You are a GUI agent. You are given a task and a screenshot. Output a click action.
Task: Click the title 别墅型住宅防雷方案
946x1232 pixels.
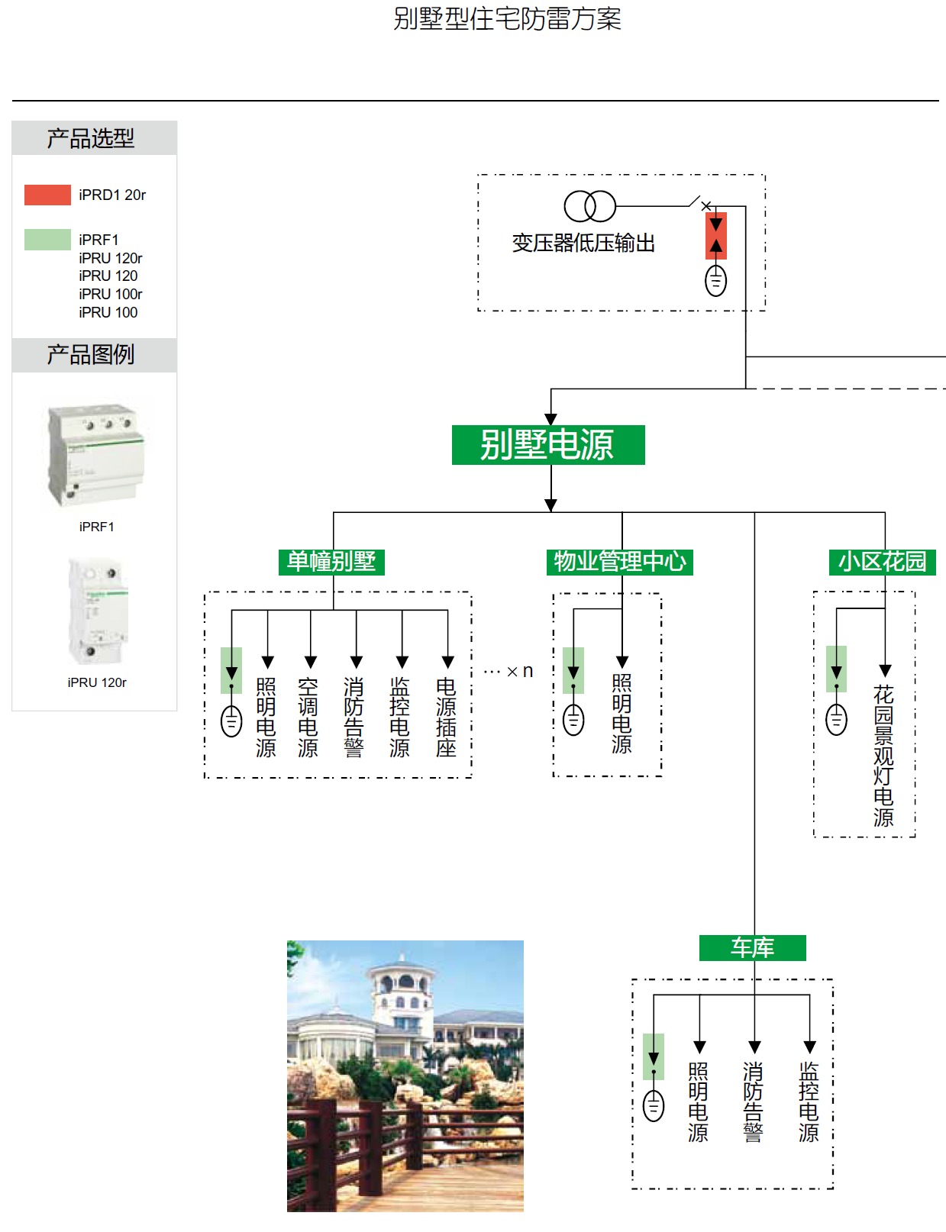click(507, 19)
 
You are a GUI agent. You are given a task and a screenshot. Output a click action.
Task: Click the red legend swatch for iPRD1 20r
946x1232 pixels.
click(47, 195)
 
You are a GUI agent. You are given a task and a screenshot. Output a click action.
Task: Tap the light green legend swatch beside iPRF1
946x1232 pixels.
click(47, 240)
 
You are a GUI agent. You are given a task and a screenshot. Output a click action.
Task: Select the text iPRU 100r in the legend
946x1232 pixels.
click(110, 294)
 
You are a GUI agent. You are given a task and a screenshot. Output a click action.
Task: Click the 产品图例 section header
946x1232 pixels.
click(91, 355)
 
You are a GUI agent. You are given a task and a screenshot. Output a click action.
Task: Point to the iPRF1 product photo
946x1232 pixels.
click(96, 455)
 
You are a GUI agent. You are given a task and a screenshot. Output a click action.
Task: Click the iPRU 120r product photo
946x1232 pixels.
click(97, 611)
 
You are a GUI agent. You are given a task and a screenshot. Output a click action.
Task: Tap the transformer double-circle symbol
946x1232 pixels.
click(589, 205)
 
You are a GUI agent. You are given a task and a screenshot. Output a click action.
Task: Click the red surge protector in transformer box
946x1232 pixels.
click(715, 236)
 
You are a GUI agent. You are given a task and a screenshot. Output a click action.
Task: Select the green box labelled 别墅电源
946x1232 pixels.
click(548, 445)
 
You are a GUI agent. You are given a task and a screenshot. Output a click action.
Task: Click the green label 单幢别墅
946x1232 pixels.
click(331, 562)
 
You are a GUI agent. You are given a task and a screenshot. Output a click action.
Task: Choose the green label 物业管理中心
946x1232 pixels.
click(619, 562)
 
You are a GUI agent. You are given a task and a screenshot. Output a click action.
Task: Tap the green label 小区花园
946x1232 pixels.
click(882, 562)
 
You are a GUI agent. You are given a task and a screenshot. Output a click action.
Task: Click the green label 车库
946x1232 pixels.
click(752, 948)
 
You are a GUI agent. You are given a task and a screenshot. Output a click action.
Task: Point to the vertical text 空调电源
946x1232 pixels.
click(308, 717)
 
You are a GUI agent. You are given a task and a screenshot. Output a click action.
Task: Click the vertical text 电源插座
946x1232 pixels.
click(446, 717)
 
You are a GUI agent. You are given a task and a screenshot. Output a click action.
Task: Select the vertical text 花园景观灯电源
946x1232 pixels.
click(883, 756)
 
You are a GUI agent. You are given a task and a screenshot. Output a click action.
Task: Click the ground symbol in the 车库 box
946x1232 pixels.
click(654, 1105)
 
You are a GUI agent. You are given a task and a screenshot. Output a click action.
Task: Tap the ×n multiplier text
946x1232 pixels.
click(518, 672)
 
